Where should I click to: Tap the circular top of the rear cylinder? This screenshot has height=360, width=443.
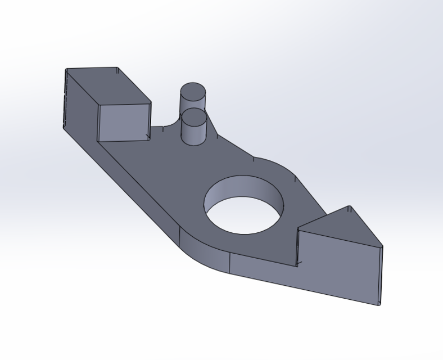coord(192,91)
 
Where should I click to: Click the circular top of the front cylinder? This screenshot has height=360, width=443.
coord(194,117)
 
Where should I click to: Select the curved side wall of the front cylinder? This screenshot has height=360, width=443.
coord(194,134)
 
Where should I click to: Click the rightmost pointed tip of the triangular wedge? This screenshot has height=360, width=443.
coord(382,246)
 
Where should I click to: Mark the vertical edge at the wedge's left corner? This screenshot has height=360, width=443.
coord(297,247)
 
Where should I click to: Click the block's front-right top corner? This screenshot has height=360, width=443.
coord(151,103)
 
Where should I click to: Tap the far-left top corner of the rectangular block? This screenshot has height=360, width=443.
coord(66,69)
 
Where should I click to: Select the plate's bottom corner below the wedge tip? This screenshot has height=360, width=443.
coord(380,305)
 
